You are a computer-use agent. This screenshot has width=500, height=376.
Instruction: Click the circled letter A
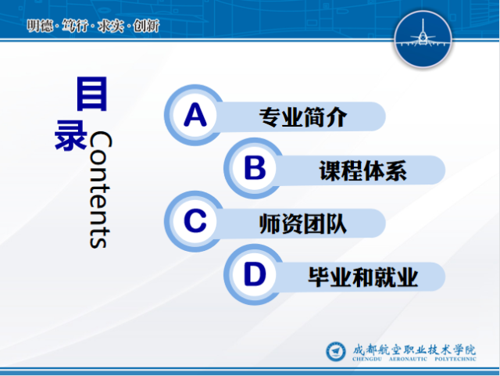(195, 115)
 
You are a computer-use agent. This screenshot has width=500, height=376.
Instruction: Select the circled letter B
(255, 168)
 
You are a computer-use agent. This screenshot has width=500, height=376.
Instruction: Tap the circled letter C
(195, 221)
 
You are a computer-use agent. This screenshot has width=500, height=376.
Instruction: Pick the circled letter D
(255, 274)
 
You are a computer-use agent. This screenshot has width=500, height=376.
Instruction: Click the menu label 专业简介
(302, 116)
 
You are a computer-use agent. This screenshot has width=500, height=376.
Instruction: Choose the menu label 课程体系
(362, 170)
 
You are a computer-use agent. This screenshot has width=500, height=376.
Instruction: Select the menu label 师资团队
(302, 224)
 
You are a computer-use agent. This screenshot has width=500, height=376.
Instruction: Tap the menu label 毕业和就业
(362, 277)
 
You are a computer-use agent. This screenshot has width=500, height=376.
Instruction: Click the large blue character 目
(91, 94)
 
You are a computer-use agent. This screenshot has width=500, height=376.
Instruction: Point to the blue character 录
(71, 134)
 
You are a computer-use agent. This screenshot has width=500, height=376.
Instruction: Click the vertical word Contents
(100, 190)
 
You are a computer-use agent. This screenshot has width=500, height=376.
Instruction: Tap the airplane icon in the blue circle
(423, 36)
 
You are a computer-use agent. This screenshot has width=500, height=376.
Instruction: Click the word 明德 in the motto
(40, 26)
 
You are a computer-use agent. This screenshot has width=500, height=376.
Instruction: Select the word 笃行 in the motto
(75, 26)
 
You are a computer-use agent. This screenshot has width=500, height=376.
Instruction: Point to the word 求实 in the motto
(111, 26)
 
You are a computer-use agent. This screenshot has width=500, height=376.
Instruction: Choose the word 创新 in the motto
(146, 26)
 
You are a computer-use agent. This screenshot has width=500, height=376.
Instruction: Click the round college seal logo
(335, 352)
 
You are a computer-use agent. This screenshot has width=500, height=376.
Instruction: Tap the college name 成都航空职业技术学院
(414, 349)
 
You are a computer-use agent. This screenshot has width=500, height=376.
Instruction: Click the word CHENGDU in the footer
(366, 359)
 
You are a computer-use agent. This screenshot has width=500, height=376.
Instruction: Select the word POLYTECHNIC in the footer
(455, 359)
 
